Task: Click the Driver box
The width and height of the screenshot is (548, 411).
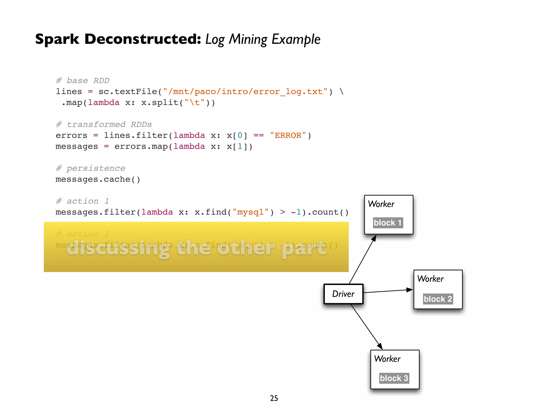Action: click(343, 294)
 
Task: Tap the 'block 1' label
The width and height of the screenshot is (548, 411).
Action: click(388, 223)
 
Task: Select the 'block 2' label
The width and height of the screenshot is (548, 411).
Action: click(438, 299)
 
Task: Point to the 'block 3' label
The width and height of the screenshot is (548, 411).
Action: click(394, 378)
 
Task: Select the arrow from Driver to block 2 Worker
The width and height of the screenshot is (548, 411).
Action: click(388, 291)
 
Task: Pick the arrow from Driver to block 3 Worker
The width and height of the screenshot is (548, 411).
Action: click(366, 327)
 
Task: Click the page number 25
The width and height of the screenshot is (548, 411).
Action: click(274, 398)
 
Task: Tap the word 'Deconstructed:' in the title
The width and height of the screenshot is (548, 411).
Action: click(143, 39)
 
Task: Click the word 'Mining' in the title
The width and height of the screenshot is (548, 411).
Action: click(248, 40)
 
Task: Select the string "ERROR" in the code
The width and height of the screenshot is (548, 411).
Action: click(288, 135)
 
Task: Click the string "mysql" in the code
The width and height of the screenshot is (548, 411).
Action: click(250, 212)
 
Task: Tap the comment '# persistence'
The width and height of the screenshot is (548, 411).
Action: click(90, 168)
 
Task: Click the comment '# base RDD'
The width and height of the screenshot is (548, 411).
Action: click(83, 81)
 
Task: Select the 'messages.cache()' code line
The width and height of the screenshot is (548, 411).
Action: click(98, 179)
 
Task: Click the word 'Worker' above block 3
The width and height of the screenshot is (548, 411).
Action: click(387, 359)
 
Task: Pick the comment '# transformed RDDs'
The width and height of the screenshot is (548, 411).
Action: click(104, 124)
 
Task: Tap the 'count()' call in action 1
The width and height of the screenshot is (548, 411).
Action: click(330, 212)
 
